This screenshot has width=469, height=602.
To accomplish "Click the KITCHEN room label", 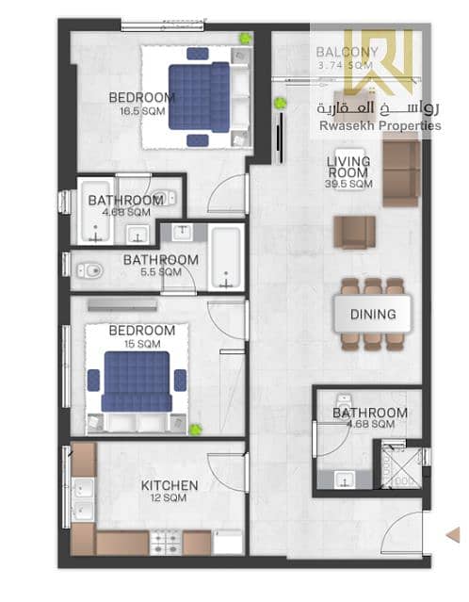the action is click(170, 485).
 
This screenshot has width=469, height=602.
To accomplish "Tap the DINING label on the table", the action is click(373, 314).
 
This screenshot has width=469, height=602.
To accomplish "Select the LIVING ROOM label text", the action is click(348, 167).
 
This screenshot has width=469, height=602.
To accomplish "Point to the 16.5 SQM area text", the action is click(142, 111).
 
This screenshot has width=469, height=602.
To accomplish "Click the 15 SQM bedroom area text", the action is click(142, 344).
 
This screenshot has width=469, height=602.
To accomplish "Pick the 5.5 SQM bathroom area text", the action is click(161, 272).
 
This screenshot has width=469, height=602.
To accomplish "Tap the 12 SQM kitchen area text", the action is click(169, 498).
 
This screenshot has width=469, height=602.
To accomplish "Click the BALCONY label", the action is click(347, 52).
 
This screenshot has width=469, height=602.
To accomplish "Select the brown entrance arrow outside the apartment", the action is click(453, 535).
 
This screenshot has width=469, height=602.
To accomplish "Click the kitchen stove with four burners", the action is click(166, 542).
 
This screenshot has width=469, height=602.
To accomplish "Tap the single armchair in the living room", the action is click(354, 232).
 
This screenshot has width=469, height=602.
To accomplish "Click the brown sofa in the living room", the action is click(401, 173).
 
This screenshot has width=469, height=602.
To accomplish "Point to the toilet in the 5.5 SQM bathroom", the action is click(89, 270).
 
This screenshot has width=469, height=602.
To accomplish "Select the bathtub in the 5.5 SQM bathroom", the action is click(226, 257).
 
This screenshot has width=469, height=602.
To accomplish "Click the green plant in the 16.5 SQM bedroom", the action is click(245, 38).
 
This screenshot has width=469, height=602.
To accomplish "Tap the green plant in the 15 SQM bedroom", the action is click(195, 429).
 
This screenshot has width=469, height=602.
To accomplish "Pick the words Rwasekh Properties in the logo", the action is click(380, 125).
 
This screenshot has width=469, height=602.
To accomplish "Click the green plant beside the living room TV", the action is click(280, 103).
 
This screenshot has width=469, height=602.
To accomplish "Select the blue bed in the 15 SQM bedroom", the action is click(137, 382).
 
